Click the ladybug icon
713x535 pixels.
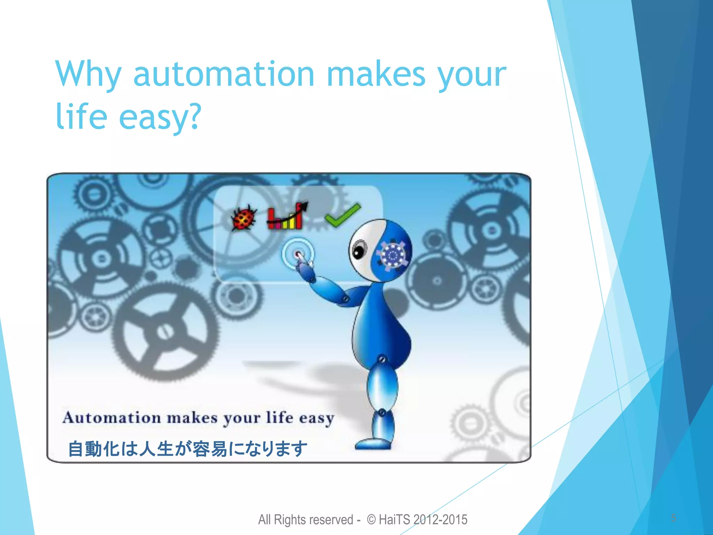coord(244,218)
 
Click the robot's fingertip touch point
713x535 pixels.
coord(298,254)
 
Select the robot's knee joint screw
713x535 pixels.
coord(382,412)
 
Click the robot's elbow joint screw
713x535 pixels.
coord(345,299)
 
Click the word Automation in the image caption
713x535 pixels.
coord(111,418)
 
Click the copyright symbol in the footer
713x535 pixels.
coord(371,519)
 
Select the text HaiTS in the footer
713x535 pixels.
coord(394,519)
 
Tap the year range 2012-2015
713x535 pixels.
coord(440,519)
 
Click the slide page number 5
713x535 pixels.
coord(673,518)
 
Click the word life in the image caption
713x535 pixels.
coord(280,417)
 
